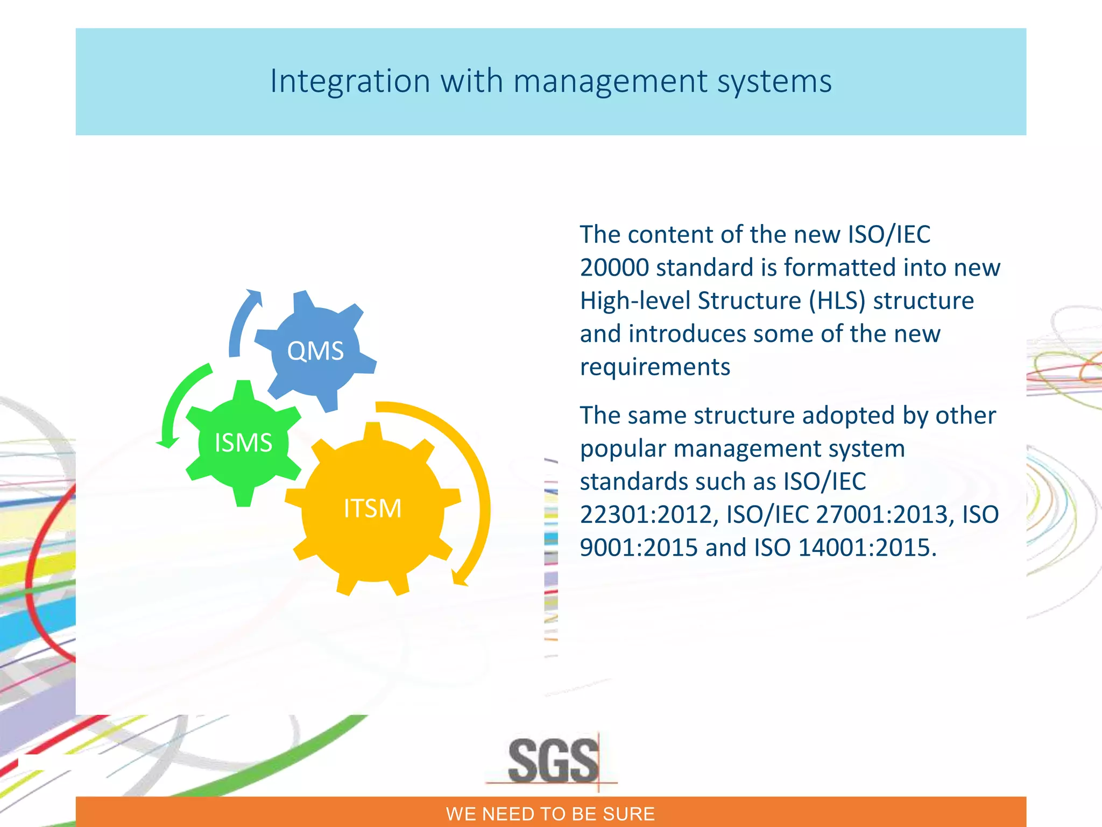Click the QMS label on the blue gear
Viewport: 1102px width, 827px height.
(315, 351)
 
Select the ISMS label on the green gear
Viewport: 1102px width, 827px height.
(243, 443)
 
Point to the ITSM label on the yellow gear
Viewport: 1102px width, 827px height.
(372, 509)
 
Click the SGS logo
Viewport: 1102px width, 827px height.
(553, 761)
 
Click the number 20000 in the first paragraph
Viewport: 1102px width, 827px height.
(614, 268)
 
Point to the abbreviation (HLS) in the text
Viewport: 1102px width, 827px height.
(837, 301)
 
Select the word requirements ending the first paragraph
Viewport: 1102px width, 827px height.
(655, 367)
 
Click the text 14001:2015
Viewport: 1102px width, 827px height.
(866, 548)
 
